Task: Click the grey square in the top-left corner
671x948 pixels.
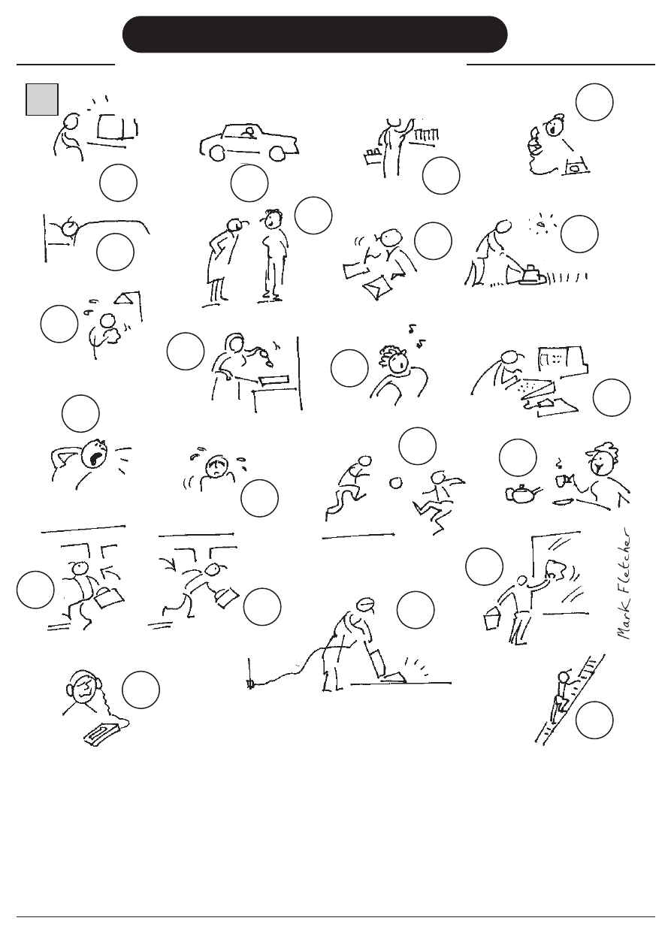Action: [x=42, y=99]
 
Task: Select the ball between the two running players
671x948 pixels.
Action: [x=396, y=483]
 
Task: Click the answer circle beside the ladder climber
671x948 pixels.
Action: [x=594, y=720]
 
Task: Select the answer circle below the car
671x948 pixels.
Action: [x=249, y=183]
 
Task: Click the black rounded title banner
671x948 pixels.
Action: [x=315, y=35]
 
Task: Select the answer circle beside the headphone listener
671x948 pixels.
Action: [x=141, y=690]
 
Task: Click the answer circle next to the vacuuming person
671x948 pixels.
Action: [x=416, y=610]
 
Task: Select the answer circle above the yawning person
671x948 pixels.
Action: [x=80, y=413]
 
